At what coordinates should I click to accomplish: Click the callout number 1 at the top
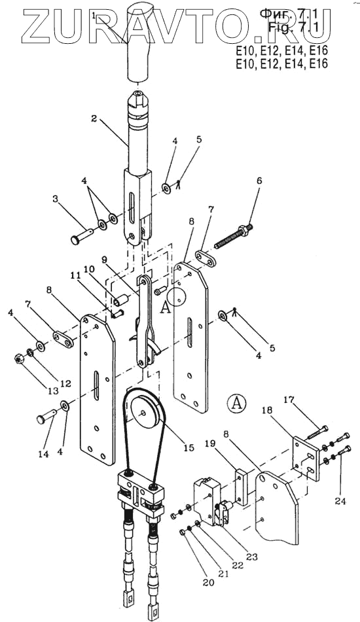(x=94, y=16)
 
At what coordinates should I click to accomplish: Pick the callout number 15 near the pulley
(x=189, y=447)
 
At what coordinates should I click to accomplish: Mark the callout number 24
(x=340, y=502)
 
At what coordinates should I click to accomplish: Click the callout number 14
(x=44, y=454)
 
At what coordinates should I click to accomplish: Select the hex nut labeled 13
(x=19, y=359)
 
